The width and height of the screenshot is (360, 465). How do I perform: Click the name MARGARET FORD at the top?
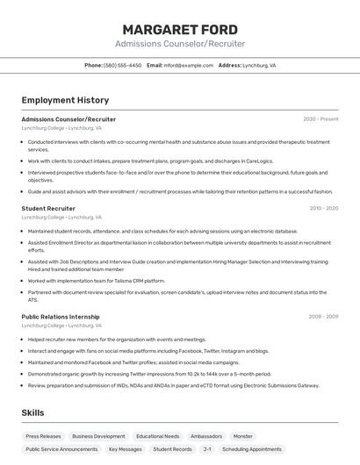(180, 30)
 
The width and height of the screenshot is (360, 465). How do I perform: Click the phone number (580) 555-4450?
(122, 65)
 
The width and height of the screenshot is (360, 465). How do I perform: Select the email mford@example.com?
(188, 65)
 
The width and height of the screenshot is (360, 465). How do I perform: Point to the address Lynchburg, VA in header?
(259, 65)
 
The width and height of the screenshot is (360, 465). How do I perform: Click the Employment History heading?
(65, 100)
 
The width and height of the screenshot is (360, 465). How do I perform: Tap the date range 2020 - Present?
(320, 118)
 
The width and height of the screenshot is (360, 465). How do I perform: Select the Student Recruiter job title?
(48, 209)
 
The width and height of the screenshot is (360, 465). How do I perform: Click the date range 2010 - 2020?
(324, 209)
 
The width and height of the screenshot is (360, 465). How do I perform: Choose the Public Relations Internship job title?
(61, 316)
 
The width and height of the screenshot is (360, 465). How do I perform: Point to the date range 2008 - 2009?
(323, 316)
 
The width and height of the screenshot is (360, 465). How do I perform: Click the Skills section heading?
(33, 412)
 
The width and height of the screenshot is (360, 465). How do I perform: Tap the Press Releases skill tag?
(43, 436)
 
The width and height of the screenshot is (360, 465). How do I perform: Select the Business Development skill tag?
(98, 436)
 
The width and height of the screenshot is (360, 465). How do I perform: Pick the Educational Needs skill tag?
(158, 436)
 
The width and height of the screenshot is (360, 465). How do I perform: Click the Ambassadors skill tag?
(206, 436)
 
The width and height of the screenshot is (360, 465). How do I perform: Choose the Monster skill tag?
(243, 436)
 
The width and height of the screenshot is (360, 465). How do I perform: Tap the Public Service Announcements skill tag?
(61, 449)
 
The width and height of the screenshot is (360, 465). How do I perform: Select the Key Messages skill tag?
(125, 449)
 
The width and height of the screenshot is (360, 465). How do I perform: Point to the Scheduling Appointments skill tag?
(252, 449)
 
